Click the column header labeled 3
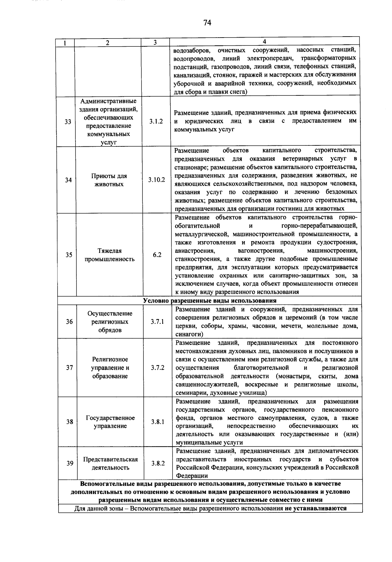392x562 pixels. pos(155,42)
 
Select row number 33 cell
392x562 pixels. pos(68,122)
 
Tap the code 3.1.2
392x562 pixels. pos(156,122)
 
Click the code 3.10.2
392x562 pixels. pos(156,180)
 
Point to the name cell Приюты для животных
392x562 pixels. pos(109,180)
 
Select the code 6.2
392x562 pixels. pos(157,255)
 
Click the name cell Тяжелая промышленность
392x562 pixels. pos(109,255)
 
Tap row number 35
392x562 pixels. pos(69,255)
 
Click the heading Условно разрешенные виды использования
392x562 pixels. pos(210,301)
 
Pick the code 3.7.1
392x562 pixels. pos(157,322)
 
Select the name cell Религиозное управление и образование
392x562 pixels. pos(110,368)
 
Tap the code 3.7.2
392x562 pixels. pos(158,368)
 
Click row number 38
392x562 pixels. pos(70,422)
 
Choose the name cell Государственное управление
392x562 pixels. pos(110,422)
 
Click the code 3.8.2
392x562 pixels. pos(158,463)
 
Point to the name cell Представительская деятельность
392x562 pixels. pos(110,463)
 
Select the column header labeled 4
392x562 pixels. pos(265,42)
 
